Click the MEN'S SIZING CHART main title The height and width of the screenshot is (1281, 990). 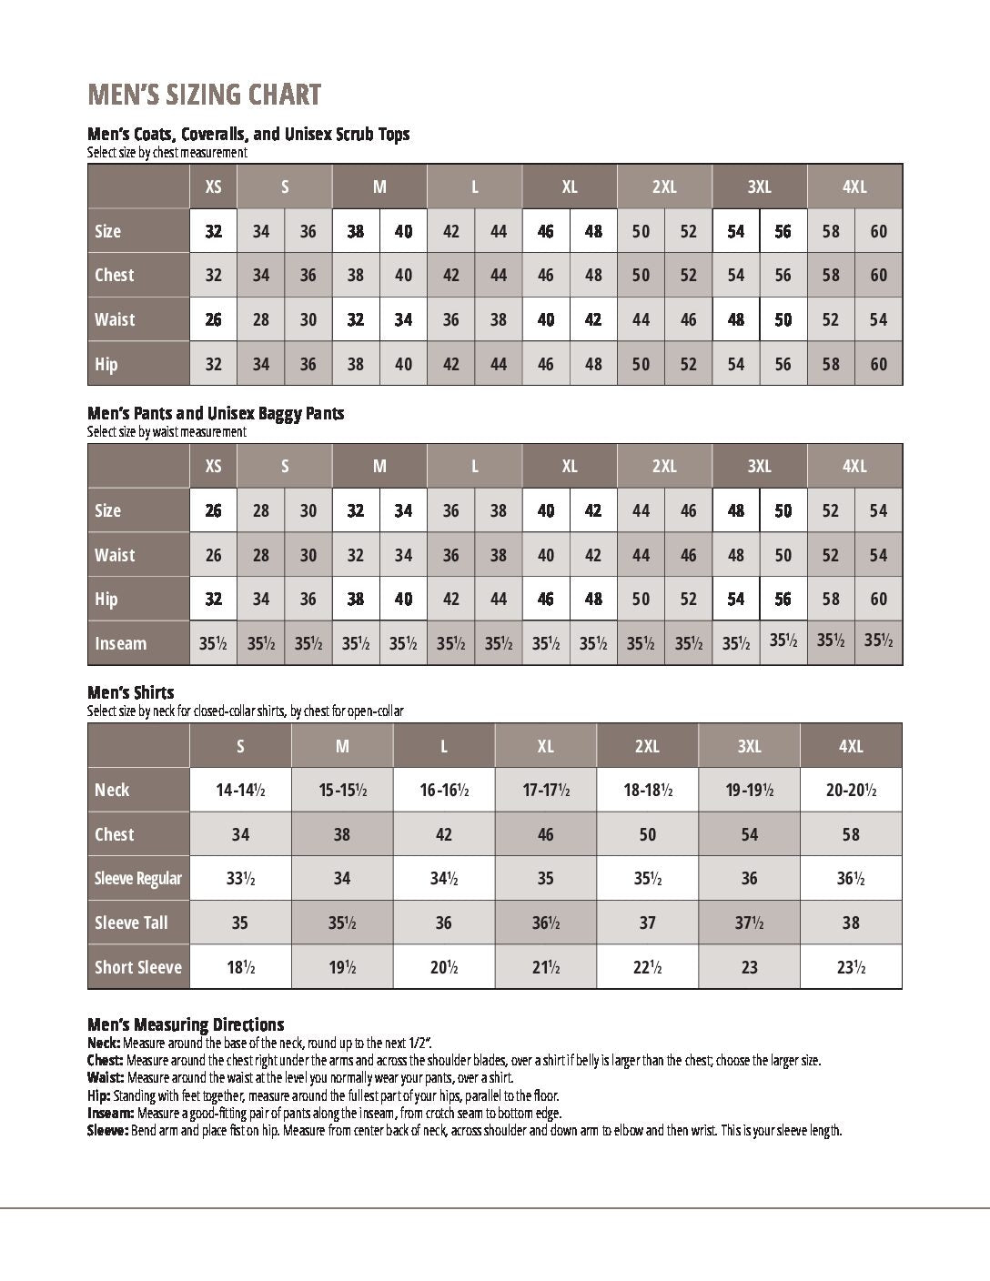pyautogui.click(x=204, y=95)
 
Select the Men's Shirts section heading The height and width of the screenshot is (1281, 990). pyautogui.click(x=130, y=692)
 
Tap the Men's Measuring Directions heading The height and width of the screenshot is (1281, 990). pyautogui.click(x=186, y=1024)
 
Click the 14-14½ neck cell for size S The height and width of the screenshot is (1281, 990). pyautogui.click(x=240, y=790)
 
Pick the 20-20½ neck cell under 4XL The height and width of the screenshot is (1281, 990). pyautogui.click(x=851, y=790)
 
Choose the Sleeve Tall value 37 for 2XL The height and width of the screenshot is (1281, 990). pyautogui.click(x=647, y=923)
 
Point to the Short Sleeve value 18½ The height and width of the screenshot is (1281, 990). pyautogui.click(x=240, y=967)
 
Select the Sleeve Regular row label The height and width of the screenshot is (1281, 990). pyautogui.click(x=138, y=878)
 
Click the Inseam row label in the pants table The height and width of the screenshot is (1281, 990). pyautogui.click(x=120, y=643)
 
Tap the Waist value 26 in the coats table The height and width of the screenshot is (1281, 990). pyautogui.click(x=213, y=319)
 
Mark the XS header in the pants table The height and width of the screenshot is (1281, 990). pyautogui.click(x=213, y=466)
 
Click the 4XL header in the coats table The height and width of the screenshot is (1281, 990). pyautogui.click(x=854, y=187)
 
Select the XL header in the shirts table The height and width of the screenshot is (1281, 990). pyautogui.click(x=545, y=746)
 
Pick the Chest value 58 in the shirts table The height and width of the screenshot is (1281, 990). pyautogui.click(x=851, y=834)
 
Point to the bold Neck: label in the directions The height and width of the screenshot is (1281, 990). pyautogui.click(x=104, y=1043)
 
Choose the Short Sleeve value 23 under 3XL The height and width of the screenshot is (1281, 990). pyautogui.click(x=749, y=967)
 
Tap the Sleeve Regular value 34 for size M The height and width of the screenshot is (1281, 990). pyautogui.click(x=342, y=878)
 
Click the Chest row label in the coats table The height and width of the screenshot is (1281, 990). pyautogui.click(x=114, y=275)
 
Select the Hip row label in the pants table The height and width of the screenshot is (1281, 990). pyautogui.click(x=106, y=599)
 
